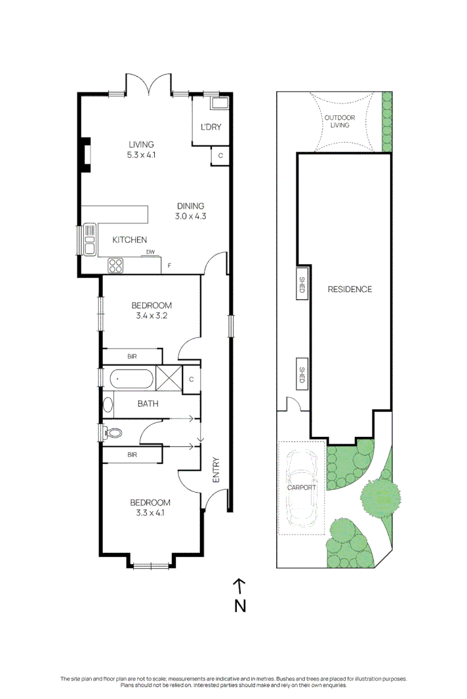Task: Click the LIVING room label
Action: coord(141,145)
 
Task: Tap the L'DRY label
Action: coord(209,128)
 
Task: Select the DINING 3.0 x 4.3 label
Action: coord(190,210)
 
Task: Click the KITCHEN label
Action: coord(129,240)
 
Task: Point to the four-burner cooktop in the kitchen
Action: coord(116,265)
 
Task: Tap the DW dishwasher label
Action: coord(150,252)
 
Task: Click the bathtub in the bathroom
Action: coord(131,378)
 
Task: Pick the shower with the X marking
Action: coord(168,378)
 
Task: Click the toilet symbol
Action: coord(113,432)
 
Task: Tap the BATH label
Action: coord(148,404)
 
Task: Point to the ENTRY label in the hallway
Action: coord(216,470)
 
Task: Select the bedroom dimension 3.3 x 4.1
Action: coord(151,512)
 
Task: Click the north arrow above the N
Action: coord(240,584)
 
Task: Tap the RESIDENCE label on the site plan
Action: coord(350,289)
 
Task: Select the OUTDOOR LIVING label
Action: coord(339,121)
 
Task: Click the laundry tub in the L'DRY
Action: coord(218,103)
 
